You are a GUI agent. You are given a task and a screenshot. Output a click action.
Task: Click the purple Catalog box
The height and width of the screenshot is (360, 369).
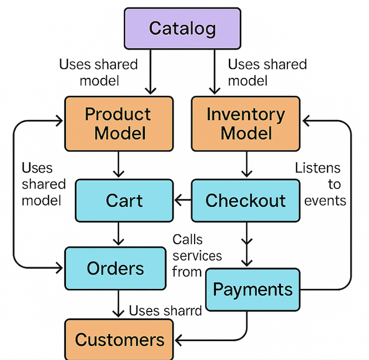pos(182,29)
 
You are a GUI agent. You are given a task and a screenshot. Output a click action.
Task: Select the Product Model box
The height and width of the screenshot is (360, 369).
pos(118,124)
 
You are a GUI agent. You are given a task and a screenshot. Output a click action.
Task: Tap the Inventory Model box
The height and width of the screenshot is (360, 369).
pos(245,124)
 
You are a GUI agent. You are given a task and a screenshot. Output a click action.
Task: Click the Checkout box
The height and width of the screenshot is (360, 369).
pos(245,200)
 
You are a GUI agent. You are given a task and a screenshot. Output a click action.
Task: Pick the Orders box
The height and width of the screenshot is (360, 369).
pos(115,268)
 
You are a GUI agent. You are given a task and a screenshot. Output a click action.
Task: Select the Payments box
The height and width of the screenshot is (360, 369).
pos(253,289)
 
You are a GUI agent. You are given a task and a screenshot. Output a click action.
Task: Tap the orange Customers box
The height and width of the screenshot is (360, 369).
pos(119,340)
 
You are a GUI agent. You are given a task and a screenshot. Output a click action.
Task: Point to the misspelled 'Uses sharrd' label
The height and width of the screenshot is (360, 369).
pos(165,311)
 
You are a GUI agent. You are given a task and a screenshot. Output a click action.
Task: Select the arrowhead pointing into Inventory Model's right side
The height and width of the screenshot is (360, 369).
pos(306,121)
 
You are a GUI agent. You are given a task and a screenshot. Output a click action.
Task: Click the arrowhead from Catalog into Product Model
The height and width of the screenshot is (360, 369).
pos(149,90)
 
